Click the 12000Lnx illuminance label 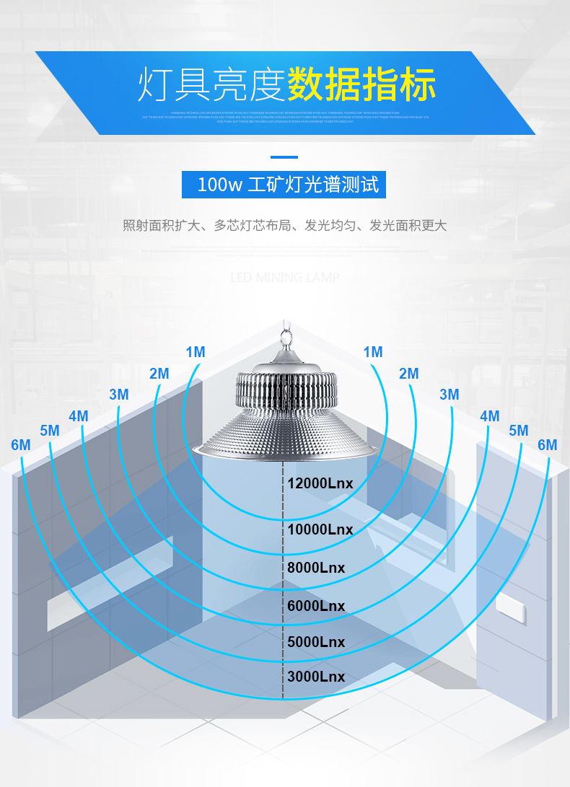tap(320, 483)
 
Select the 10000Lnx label tap(320, 529)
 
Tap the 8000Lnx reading tap(316, 568)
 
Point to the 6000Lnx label tap(316, 606)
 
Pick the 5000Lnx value tap(316, 642)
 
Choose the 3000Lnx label tap(316, 677)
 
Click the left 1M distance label tap(196, 352)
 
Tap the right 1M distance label tap(373, 352)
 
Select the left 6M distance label tap(21, 445)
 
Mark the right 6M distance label tap(548, 445)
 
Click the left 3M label tap(119, 395)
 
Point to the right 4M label tap(490, 416)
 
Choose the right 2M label tap(409, 374)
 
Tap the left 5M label tap(50, 431)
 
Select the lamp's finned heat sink tap(287, 390)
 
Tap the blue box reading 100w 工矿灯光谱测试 tap(284, 185)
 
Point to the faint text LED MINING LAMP tap(285, 278)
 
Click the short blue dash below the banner tap(284, 157)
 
